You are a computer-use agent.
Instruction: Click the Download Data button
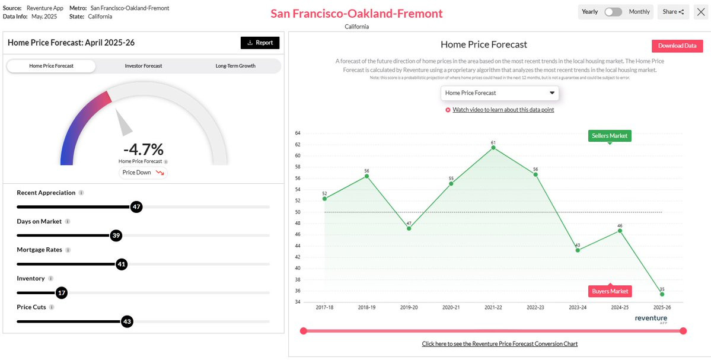[x=677, y=46]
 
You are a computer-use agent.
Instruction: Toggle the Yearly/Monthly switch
[x=614, y=12]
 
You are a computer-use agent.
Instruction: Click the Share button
[x=674, y=12]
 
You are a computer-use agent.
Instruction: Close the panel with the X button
[x=700, y=12]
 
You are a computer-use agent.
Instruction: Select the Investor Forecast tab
[x=144, y=66]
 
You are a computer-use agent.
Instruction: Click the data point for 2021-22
[x=493, y=147]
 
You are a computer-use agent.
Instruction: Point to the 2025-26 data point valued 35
[x=662, y=294]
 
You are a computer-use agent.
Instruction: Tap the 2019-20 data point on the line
[x=409, y=228]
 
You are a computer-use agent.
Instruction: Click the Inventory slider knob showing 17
[x=62, y=293]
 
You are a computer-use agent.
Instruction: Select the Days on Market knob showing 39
[x=116, y=236]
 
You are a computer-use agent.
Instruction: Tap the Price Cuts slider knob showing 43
[x=127, y=321]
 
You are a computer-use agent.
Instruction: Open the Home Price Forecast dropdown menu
[x=500, y=93]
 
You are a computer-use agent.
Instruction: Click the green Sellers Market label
[x=610, y=136]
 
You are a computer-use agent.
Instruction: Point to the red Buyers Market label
[x=610, y=291]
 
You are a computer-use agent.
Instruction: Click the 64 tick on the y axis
[x=298, y=133]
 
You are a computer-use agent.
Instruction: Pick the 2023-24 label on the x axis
[x=577, y=307]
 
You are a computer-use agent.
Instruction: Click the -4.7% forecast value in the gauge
[x=144, y=149]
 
